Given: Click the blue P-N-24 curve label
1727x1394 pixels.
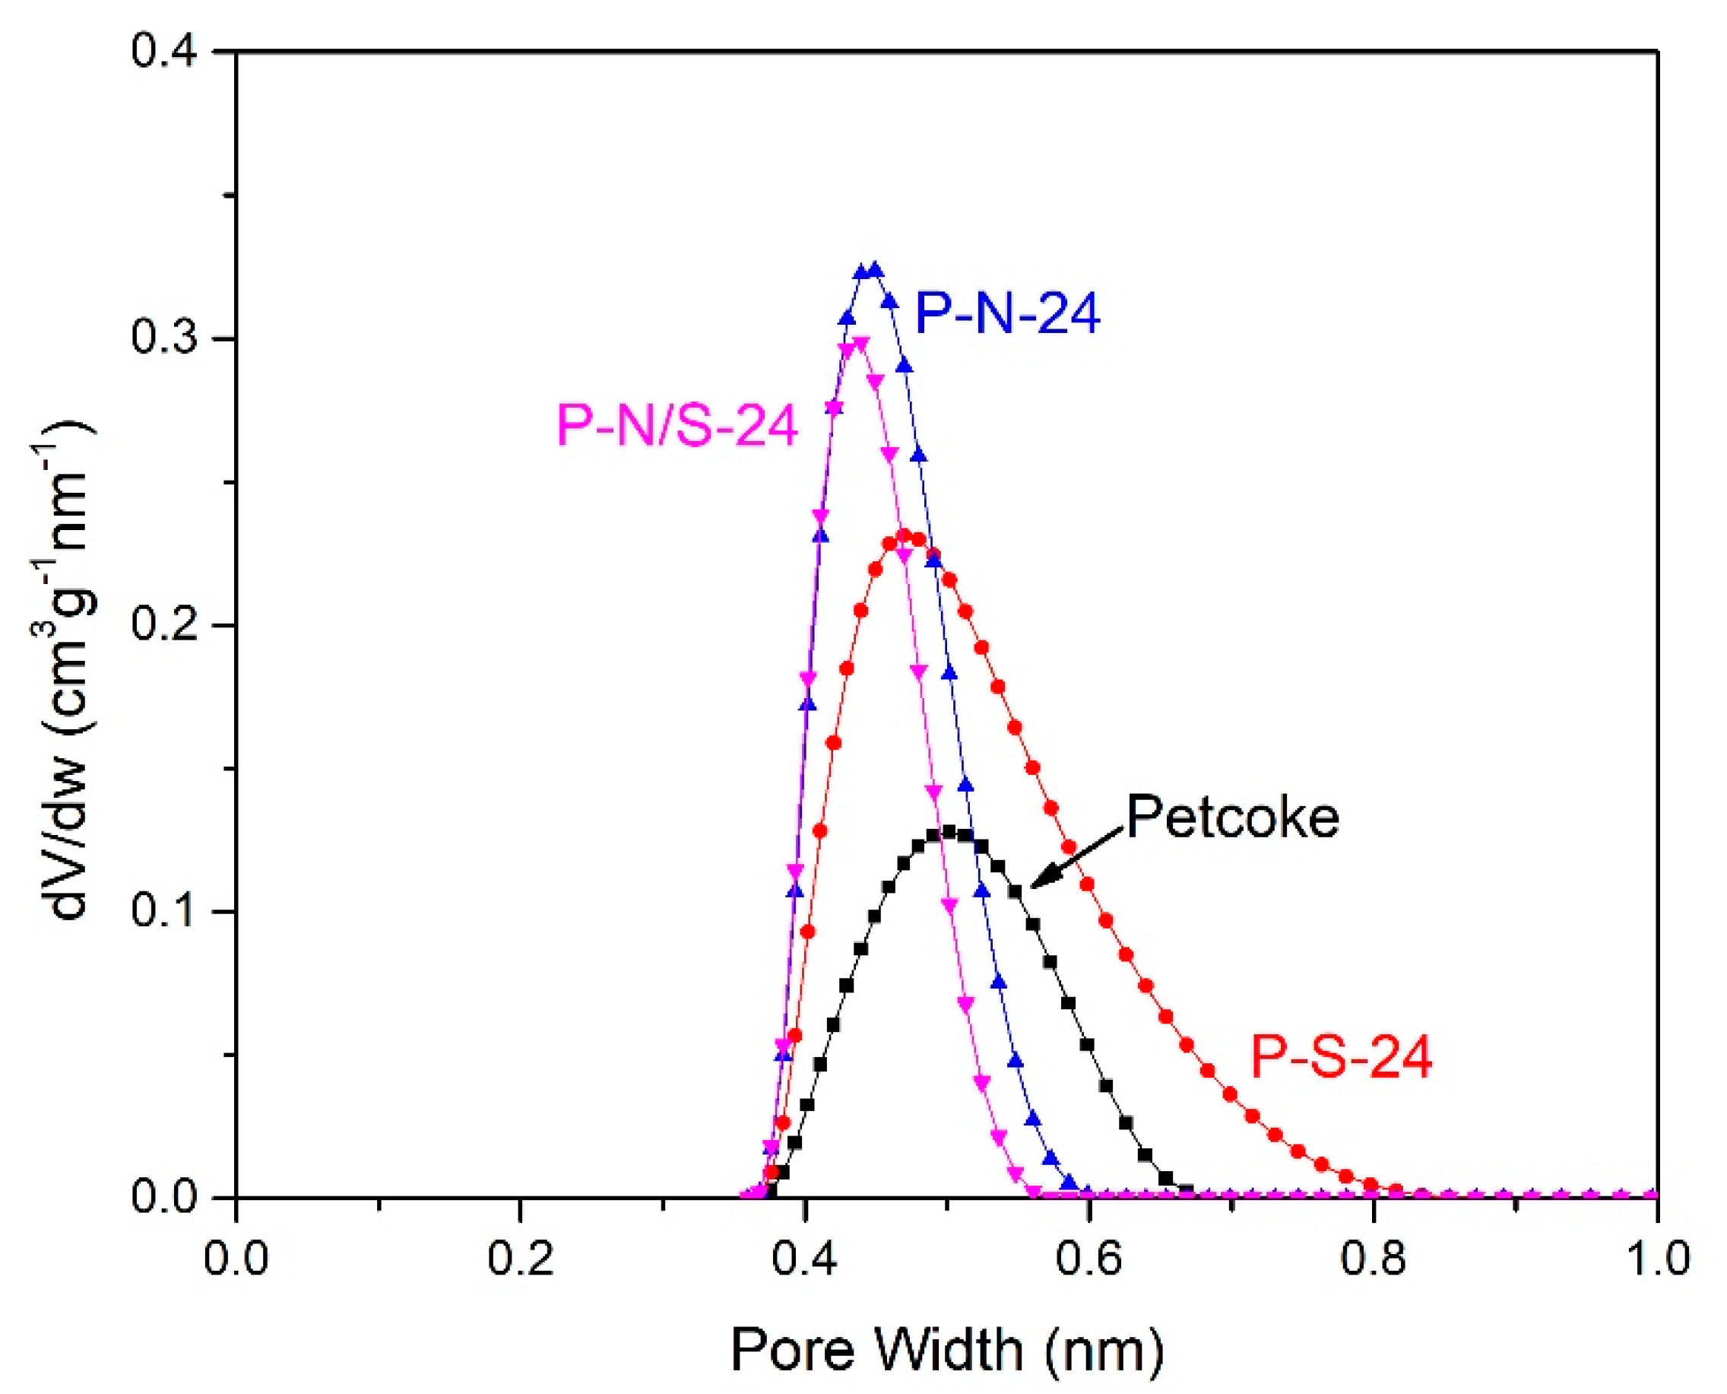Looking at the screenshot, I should click(x=1007, y=313).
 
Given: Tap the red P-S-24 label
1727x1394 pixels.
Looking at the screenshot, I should click(x=1342, y=1058).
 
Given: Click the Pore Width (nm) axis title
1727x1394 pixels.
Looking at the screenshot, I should click(x=947, y=1349).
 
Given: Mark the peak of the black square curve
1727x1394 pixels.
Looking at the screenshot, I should click(x=949, y=832).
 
